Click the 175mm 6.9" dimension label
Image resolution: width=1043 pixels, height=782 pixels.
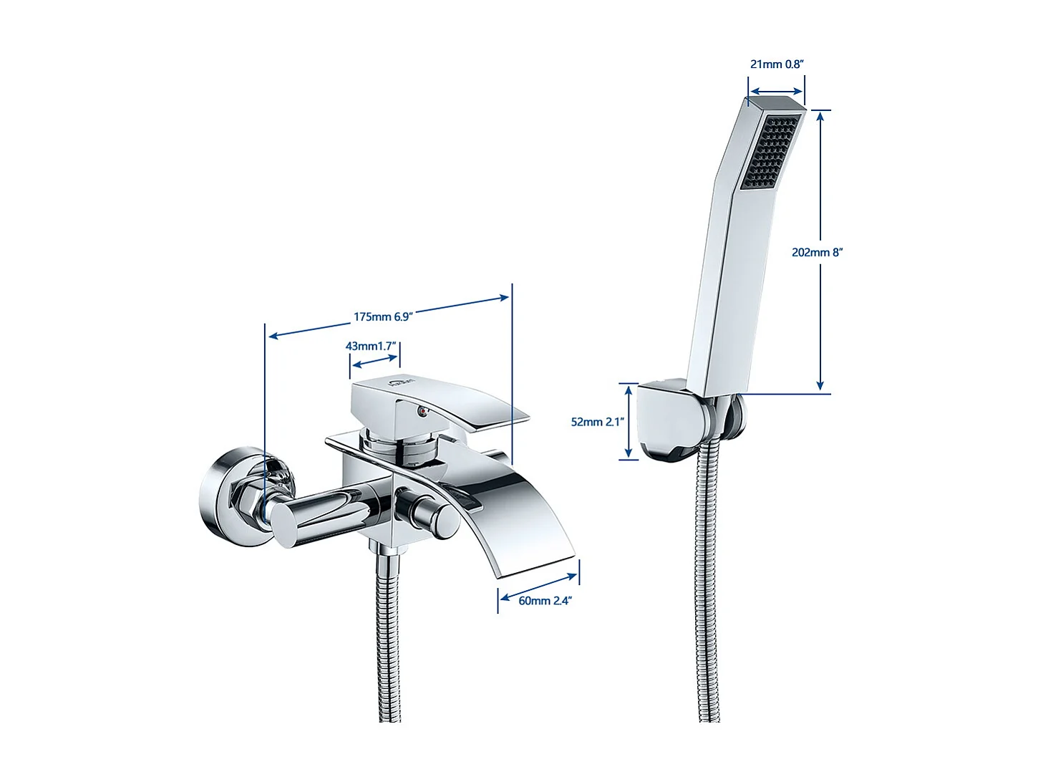point(383,317)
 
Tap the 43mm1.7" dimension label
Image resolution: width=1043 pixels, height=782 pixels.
point(371,346)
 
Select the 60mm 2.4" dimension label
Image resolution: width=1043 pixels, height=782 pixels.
point(545,600)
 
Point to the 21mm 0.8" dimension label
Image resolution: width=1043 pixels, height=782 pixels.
point(777,64)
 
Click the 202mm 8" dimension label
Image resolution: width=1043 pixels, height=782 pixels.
point(818,252)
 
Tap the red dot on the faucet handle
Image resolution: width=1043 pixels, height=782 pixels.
point(422,411)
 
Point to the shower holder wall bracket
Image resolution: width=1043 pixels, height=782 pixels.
point(670,422)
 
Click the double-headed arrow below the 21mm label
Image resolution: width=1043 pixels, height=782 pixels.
point(776,93)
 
